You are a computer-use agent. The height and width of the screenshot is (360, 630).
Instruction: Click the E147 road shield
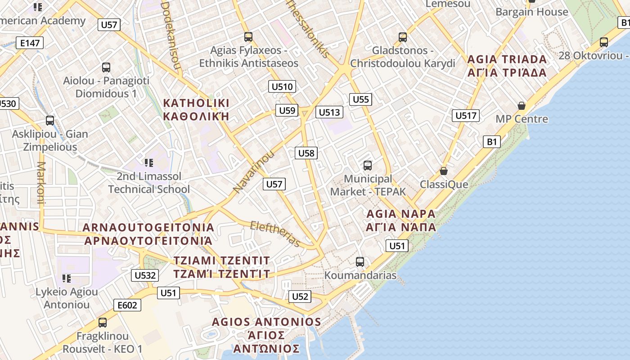pyautogui.click(x=30, y=43)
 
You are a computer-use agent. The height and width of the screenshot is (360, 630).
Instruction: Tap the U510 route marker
pyautogui.click(x=282, y=86)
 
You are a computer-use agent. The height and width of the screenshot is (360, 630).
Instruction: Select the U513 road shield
pyautogui.click(x=329, y=112)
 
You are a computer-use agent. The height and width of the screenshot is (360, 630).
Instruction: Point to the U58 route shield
pyautogui.click(x=306, y=153)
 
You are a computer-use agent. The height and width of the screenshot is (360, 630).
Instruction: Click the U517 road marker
pyautogui.click(x=465, y=116)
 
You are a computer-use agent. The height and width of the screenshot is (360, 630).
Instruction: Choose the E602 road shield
pyautogui.click(x=127, y=305)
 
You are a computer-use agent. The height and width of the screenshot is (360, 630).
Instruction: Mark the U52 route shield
pyautogui.click(x=300, y=296)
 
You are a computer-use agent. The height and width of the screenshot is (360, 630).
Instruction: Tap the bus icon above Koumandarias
pyautogui.click(x=360, y=261)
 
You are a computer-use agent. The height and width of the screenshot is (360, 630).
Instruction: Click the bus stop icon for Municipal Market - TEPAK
pyautogui.click(x=368, y=166)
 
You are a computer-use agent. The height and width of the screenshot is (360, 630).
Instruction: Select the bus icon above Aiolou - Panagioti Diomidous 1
pyautogui.click(x=106, y=67)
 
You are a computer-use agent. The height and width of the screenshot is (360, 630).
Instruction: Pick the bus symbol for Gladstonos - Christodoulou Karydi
pyautogui.click(x=403, y=37)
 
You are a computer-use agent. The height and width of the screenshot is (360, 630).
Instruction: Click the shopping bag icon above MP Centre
pyautogui.click(x=522, y=106)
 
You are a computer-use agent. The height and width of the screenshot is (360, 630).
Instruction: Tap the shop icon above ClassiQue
pyautogui.click(x=444, y=171)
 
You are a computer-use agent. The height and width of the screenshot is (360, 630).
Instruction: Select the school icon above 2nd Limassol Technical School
pyautogui.click(x=149, y=162)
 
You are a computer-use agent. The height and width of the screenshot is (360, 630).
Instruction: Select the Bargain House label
pyautogui.click(x=532, y=12)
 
